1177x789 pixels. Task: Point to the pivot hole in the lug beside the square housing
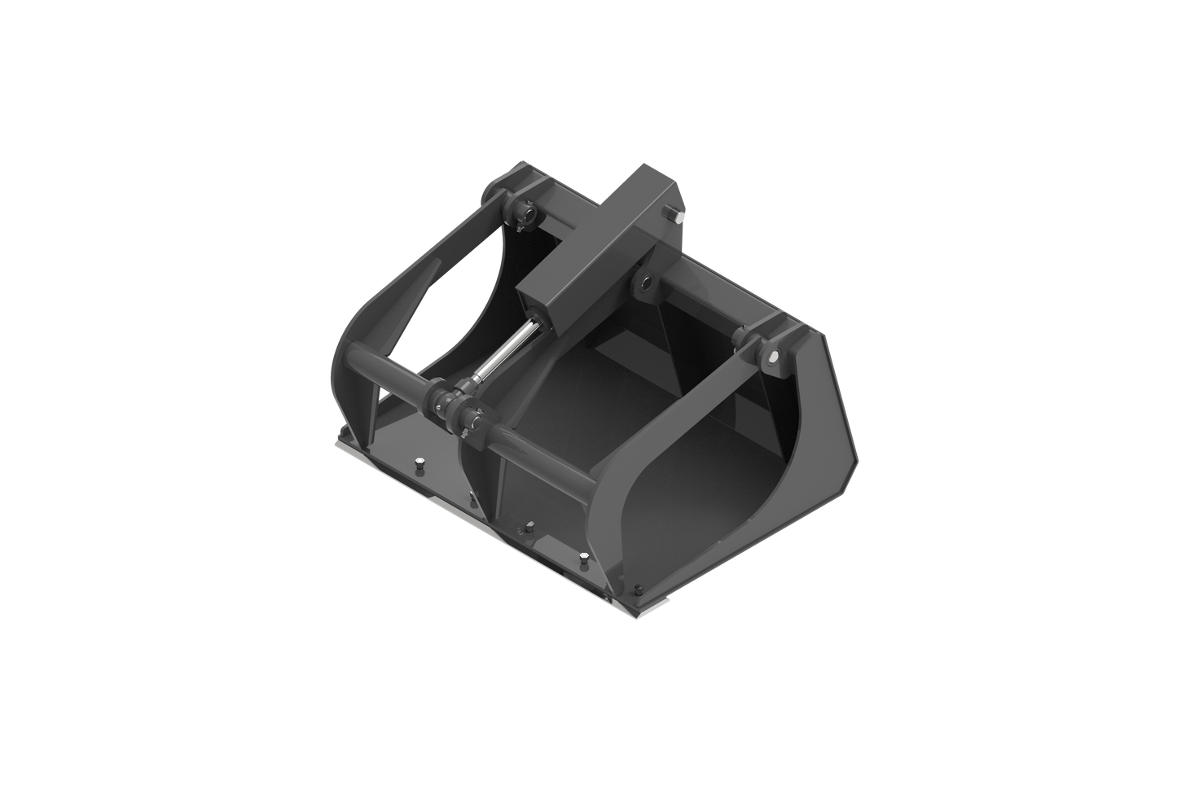point(647,283)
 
